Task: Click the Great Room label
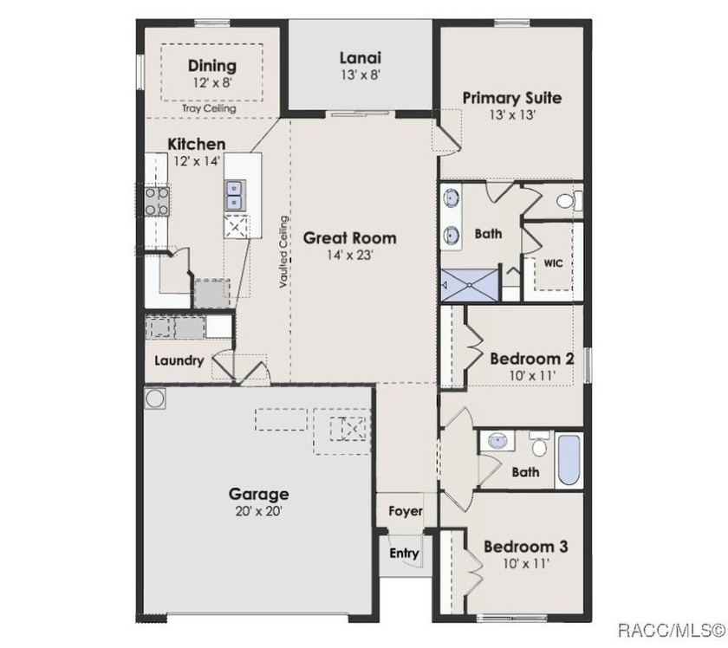(x=349, y=238)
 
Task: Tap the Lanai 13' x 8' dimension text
(x=361, y=75)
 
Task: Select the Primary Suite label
(x=512, y=98)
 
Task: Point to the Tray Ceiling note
(x=209, y=108)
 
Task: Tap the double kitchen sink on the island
(x=235, y=196)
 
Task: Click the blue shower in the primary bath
(x=469, y=284)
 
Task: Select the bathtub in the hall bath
(x=569, y=459)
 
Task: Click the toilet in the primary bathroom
(x=569, y=201)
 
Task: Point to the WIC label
(x=553, y=263)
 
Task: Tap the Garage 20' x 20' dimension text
(x=258, y=511)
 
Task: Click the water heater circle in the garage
(x=155, y=399)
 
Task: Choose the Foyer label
(x=406, y=511)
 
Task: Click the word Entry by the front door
(x=404, y=553)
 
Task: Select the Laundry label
(x=179, y=360)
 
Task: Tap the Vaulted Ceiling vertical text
(x=283, y=252)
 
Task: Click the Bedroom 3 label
(x=525, y=547)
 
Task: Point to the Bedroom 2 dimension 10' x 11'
(x=532, y=375)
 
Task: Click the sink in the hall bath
(x=497, y=440)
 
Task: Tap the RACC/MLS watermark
(x=672, y=631)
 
